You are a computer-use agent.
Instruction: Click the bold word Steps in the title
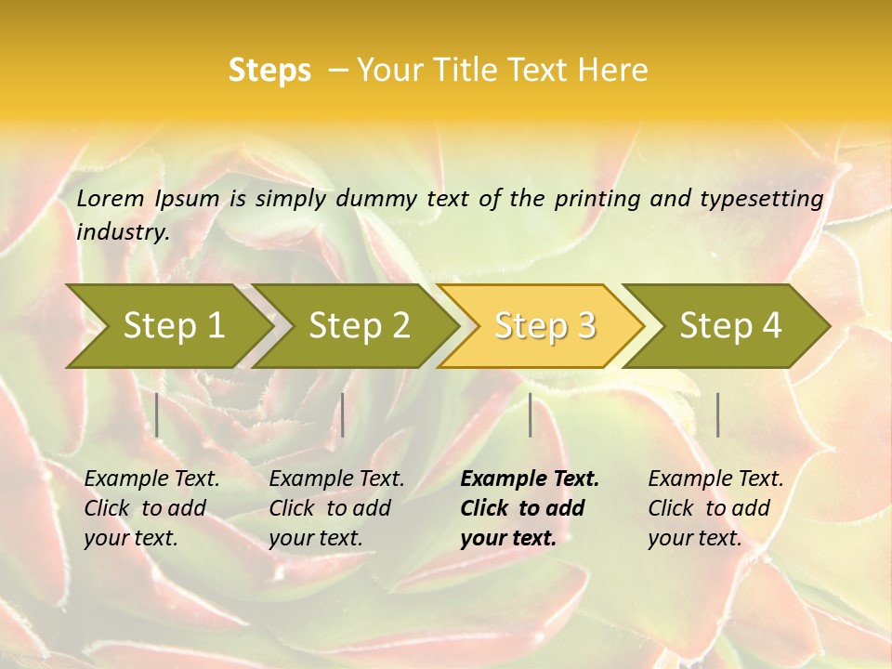(x=269, y=71)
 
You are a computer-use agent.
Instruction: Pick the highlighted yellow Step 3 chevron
(x=544, y=325)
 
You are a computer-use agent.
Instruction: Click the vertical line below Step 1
(x=157, y=414)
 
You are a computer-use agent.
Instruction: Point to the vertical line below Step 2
(x=343, y=414)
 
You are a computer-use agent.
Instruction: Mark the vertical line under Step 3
(x=531, y=414)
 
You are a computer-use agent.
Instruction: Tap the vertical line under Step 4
(x=718, y=414)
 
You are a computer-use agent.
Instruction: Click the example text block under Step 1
(x=151, y=508)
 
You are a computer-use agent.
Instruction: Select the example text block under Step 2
(x=336, y=508)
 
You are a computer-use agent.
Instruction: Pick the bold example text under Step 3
(x=529, y=508)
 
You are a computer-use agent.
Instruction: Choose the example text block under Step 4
(x=715, y=508)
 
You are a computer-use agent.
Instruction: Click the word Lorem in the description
(x=111, y=198)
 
